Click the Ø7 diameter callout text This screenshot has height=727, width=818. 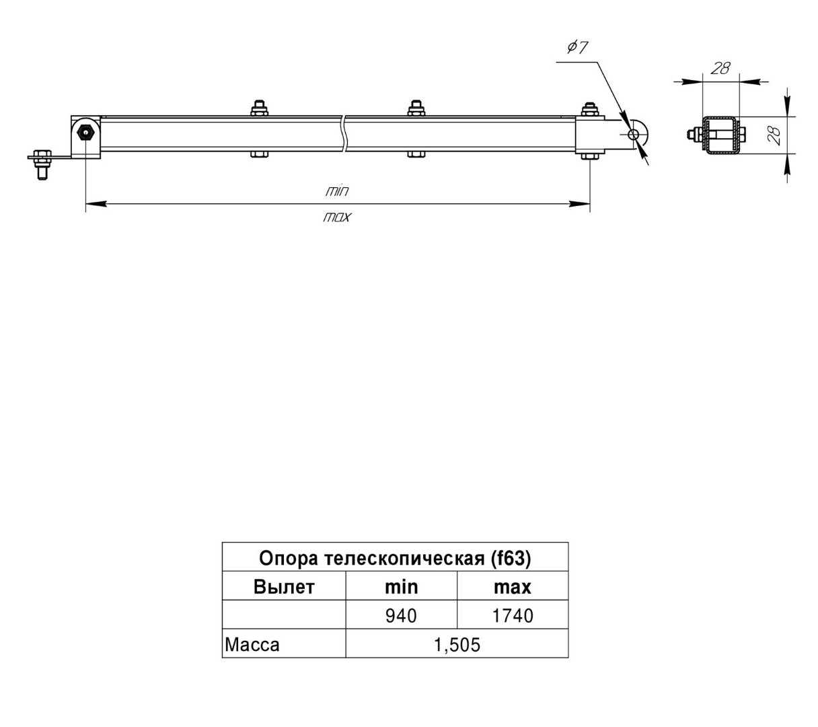pyautogui.click(x=577, y=48)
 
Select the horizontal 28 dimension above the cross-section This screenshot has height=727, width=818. pyautogui.click(x=720, y=68)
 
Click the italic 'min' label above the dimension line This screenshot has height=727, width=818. pyautogui.click(x=337, y=191)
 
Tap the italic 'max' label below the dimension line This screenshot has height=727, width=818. pyautogui.click(x=337, y=217)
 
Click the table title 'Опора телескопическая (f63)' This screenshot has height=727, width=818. pyautogui.click(x=395, y=558)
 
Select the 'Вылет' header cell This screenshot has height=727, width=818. pyautogui.click(x=283, y=587)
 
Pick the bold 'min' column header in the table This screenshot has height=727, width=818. pyautogui.click(x=401, y=587)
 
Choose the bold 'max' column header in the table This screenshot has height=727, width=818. pyautogui.click(x=512, y=588)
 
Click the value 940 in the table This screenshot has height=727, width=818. pyautogui.click(x=400, y=616)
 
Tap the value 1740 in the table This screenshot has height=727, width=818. pyautogui.click(x=513, y=616)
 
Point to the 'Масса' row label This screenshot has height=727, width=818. pyautogui.click(x=252, y=645)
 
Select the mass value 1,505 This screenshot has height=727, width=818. pyautogui.click(x=457, y=645)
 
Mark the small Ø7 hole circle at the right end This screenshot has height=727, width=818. pyautogui.click(x=633, y=134)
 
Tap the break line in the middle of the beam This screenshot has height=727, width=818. pyautogui.click(x=344, y=133)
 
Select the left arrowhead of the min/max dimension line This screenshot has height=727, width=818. pyautogui.click(x=96, y=204)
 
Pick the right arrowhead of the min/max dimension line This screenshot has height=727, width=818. pyautogui.click(x=579, y=204)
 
